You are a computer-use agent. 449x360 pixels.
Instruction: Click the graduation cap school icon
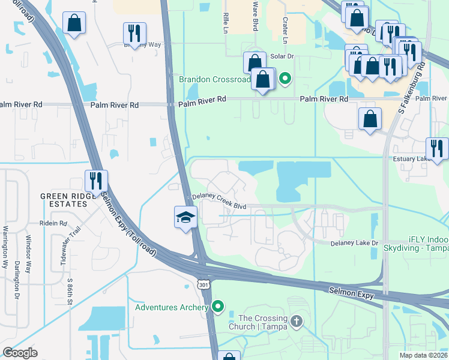point(186,217)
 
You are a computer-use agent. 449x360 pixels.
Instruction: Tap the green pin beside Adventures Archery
point(218,308)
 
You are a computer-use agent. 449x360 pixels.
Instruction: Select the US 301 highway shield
point(205,282)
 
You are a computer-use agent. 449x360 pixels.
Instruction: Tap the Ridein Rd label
point(55,223)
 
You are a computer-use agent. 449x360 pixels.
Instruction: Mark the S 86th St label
point(70,290)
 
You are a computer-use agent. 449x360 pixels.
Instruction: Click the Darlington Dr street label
point(17,280)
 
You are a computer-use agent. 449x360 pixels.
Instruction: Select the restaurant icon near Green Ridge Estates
point(96,181)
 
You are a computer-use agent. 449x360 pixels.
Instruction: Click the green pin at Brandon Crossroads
point(286,78)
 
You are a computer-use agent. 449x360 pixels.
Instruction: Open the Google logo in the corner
point(20,353)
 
